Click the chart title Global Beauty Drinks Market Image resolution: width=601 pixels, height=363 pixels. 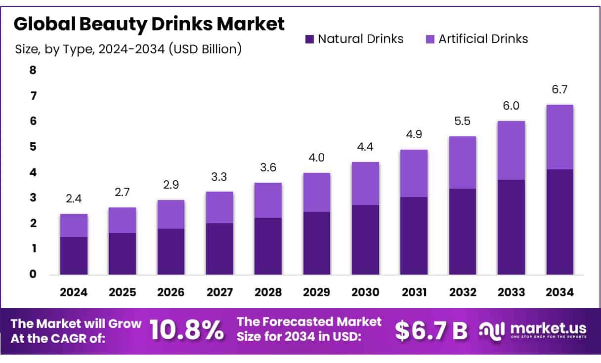click(149, 24)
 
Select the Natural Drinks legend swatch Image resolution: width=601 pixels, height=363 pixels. click(310, 39)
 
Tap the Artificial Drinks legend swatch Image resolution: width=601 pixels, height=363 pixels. click(429, 39)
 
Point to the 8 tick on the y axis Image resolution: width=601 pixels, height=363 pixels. click(33, 70)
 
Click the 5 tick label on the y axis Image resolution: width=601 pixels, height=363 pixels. click(33, 147)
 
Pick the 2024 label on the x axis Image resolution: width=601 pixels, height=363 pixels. click(74, 292)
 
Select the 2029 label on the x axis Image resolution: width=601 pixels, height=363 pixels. click(317, 292)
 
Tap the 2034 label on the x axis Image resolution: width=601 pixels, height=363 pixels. click(560, 292)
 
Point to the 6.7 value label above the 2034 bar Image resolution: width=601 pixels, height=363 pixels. click(560, 89)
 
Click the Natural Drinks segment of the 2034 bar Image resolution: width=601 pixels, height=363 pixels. click(560, 222)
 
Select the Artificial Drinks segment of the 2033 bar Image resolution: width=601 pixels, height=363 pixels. click(511, 150)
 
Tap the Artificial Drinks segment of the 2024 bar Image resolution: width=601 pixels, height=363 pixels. click(74, 225)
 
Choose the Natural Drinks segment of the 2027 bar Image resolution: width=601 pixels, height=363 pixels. click(219, 249)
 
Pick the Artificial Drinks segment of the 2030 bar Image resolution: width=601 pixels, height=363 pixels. click(365, 183)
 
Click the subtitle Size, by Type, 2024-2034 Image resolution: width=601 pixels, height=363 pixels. click(129, 49)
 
